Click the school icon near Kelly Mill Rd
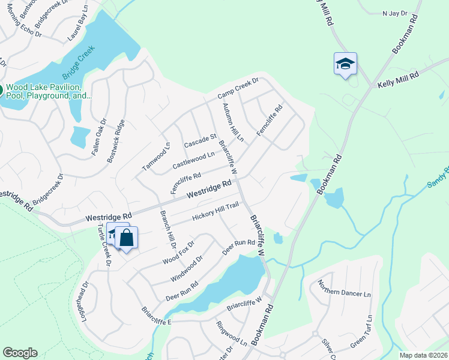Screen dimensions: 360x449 [x=345, y=64]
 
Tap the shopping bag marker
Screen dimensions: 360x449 [x=127, y=238]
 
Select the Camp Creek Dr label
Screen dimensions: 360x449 [x=238, y=89]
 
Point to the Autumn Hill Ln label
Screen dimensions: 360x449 [x=233, y=122]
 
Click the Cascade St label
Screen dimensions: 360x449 [x=200, y=142]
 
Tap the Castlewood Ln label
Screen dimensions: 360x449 [x=193, y=160]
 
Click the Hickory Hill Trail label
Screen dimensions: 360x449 [x=215, y=211]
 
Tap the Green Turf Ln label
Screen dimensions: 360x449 [x=362, y=331]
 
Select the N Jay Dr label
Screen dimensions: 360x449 [x=394, y=13]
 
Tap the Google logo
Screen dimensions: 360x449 [x=20, y=353]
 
